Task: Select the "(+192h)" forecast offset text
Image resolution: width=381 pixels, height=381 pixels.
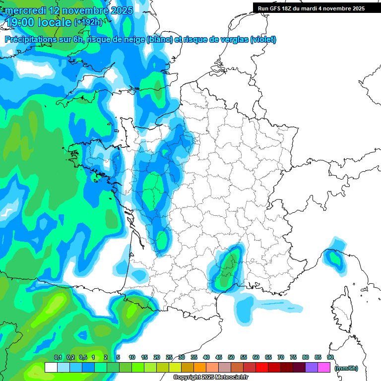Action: coord(88,22)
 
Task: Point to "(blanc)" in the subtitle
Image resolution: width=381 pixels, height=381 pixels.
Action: coord(159,40)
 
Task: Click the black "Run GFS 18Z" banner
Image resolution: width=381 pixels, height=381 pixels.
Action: coord(317,8)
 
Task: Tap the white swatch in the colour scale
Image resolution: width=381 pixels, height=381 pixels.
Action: coord(51,368)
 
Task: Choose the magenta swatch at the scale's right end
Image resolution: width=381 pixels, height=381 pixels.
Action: coord(324,368)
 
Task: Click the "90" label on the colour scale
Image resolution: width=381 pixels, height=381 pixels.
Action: coord(330,357)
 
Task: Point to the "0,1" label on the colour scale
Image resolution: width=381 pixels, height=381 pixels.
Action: coord(58,357)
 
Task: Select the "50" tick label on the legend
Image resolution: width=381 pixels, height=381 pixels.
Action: coord(231,357)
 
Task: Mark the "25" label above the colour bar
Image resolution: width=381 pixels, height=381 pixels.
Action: coord(169,357)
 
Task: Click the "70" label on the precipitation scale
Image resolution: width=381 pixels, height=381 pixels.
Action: coord(281,357)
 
